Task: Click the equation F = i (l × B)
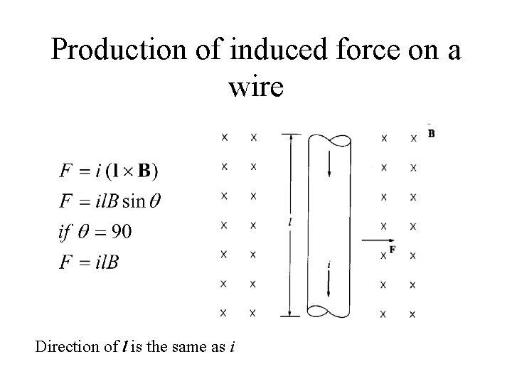tap(110, 171)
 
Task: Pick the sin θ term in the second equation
tap(141, 201)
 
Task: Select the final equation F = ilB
tap(90, 262)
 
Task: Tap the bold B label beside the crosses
tap(432, 134)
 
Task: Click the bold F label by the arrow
tap(393, 250)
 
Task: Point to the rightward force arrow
tap(375, 240)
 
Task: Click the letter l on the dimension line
tap(290, 222)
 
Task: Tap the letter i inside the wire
tap(328, 265)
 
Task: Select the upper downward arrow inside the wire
tap(329, 165)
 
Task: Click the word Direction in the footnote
tap(65, 348)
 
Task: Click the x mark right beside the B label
tap(413, 138)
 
